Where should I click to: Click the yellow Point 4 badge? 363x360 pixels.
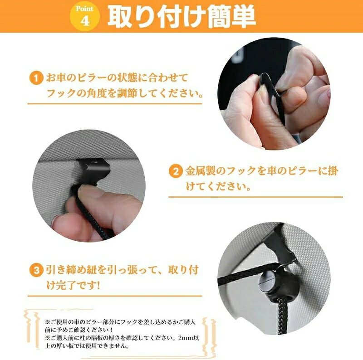85,16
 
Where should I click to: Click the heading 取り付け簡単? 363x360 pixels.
182,17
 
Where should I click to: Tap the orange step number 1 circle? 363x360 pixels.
36,78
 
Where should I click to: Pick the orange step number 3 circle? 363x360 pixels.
36,270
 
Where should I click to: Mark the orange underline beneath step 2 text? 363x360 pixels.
255,197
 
